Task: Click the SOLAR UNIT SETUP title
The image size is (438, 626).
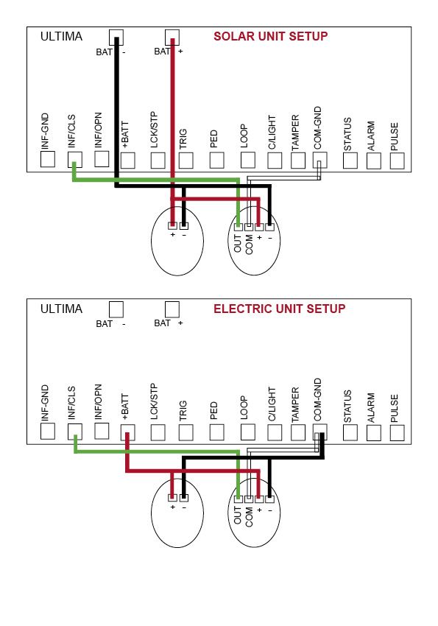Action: coord(270,36)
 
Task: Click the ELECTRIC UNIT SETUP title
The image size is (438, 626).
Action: coord(279,309)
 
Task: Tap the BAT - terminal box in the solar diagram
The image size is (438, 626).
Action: coord(116,37)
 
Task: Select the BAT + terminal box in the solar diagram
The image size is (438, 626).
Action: coord(172,37)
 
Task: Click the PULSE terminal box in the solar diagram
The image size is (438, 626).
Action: coord(397,161)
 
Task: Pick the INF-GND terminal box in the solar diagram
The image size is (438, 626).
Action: coord(48,159)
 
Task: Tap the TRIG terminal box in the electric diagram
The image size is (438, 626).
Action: coord(186,432)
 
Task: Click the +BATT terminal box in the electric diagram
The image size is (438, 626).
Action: coord(127,432)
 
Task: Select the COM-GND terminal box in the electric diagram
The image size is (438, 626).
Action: coord(320,432)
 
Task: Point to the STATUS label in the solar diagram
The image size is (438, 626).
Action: coord(347,134)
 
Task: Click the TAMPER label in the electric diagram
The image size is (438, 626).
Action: coord(295,404)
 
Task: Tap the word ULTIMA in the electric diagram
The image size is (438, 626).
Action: coord(61,309)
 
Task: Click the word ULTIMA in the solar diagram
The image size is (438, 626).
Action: coord(61,36)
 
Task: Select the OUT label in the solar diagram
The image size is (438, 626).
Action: coord(238,243)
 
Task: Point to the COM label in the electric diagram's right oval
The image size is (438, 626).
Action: coord(249,516)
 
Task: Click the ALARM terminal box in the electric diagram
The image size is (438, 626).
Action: coord(374,433)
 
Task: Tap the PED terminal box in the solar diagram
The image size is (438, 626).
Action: coord(216,160)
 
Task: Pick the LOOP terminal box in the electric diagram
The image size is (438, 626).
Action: coord(248,432)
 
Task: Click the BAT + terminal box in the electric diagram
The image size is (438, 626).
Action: coord(172,309)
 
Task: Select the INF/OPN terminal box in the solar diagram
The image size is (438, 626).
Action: coord(102,159)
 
